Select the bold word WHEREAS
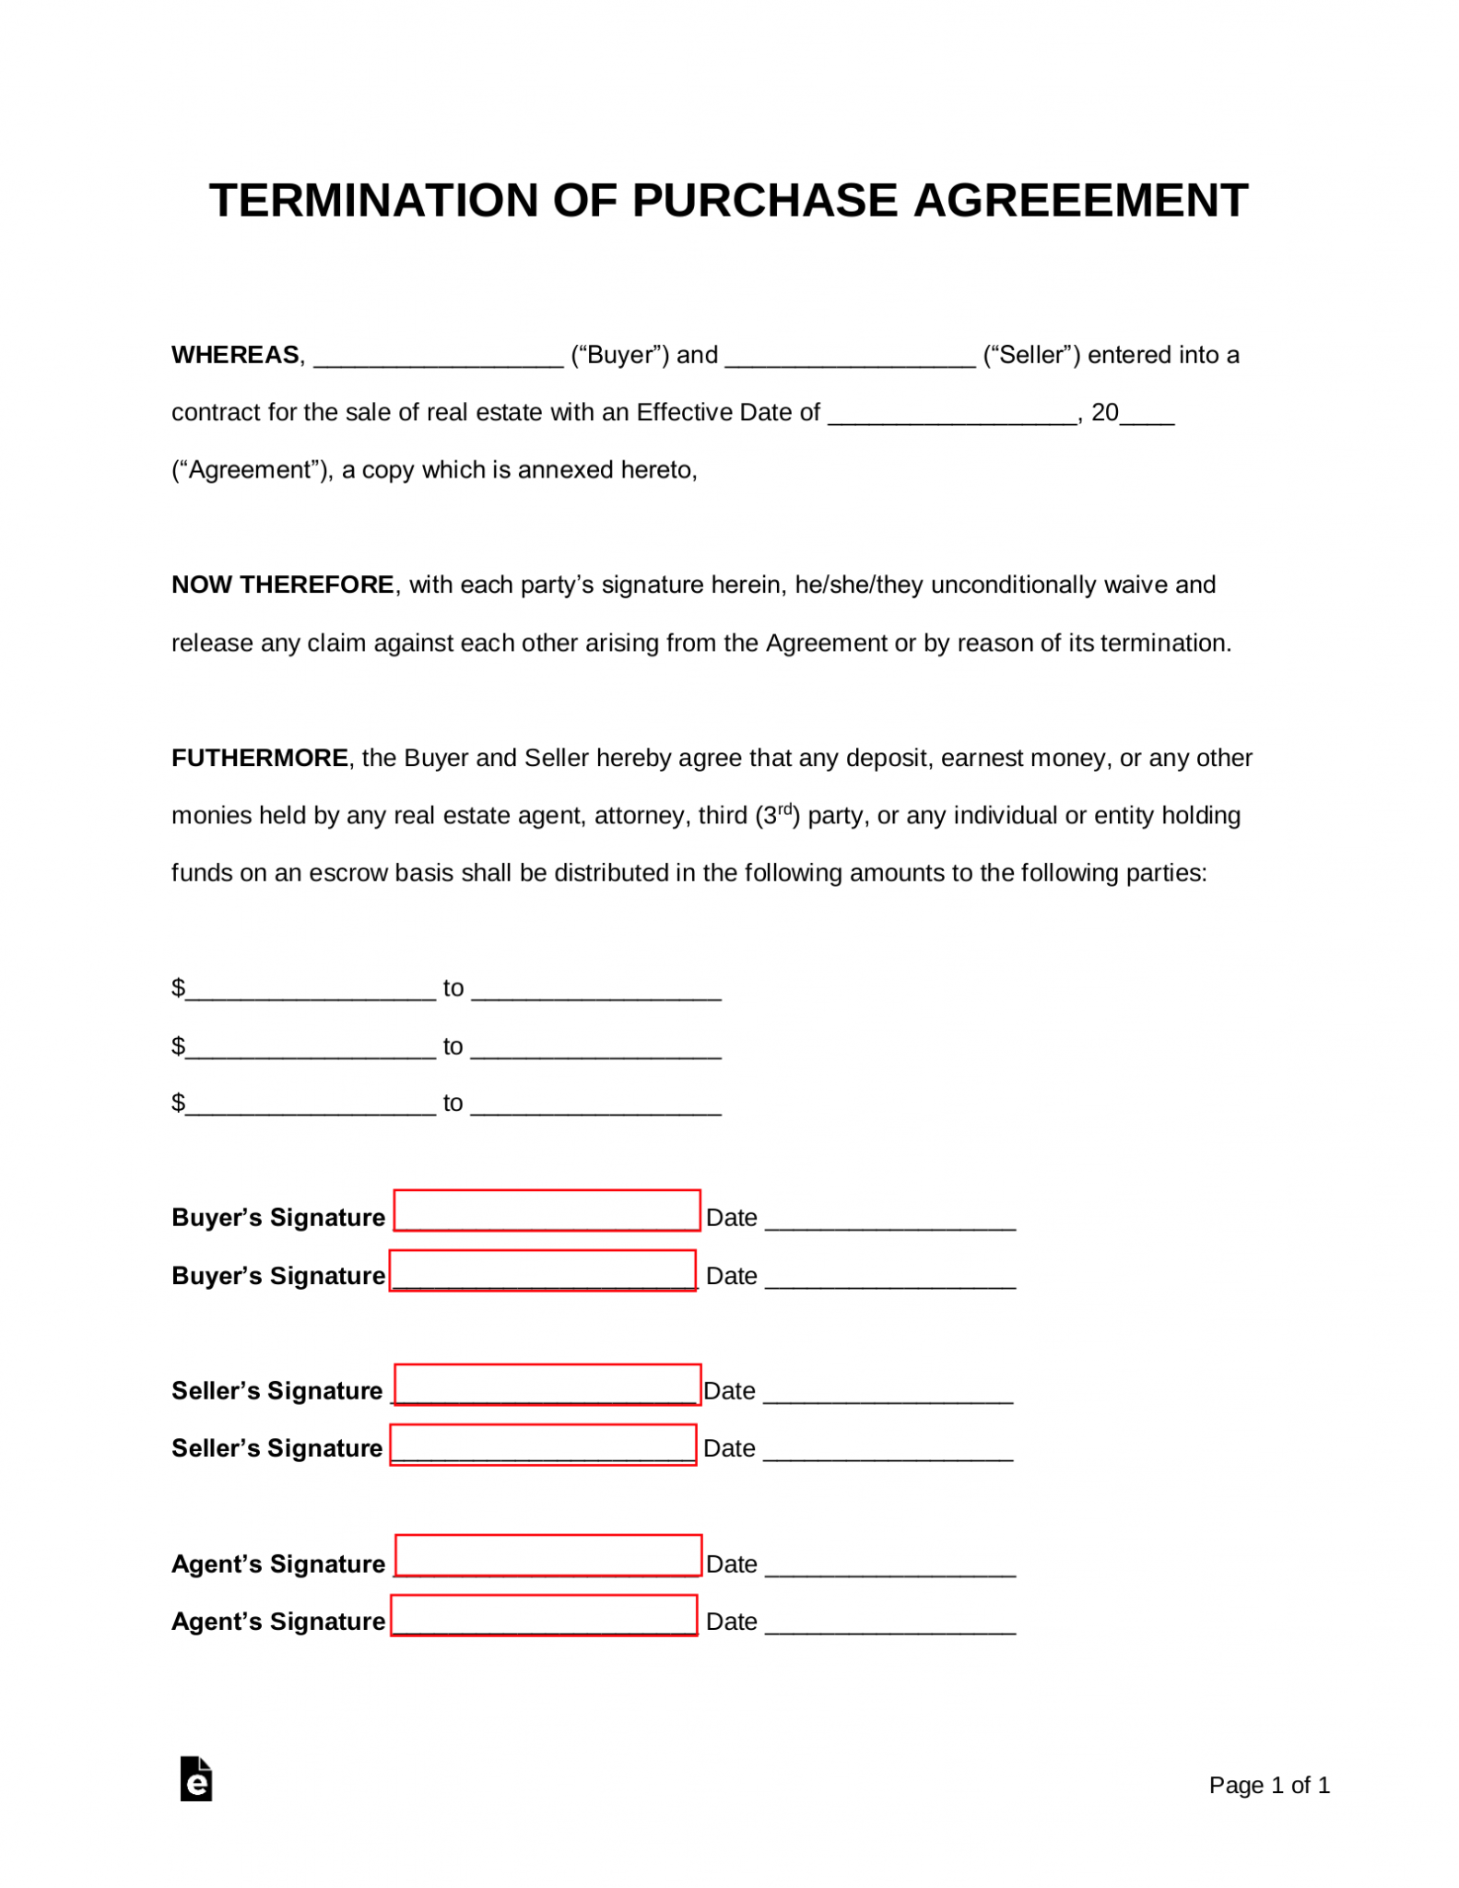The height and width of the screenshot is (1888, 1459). point(235,355)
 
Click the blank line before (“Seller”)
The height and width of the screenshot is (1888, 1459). point(850,360)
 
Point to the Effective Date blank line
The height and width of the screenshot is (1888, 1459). point(952,417)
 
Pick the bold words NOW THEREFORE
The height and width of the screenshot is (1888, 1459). point(283,584)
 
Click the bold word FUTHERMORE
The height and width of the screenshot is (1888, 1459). point(260,758)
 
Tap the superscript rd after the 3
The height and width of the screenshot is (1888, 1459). point(785,808)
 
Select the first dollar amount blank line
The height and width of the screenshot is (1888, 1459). point(311,993)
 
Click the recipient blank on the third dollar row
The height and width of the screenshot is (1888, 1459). point(596,1107)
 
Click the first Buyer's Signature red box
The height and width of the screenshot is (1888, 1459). point(547,1210)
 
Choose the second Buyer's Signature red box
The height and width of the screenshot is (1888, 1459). point(543,1269)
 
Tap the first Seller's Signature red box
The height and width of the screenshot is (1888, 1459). point(547,1384)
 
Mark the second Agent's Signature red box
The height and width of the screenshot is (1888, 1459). point(544,1615)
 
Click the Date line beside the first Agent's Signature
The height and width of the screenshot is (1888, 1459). point(890,1569)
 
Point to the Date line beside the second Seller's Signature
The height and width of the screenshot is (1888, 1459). point(888,1454)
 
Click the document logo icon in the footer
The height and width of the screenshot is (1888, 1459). point(196,1778)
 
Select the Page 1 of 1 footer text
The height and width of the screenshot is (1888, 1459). point(1268,1785)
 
